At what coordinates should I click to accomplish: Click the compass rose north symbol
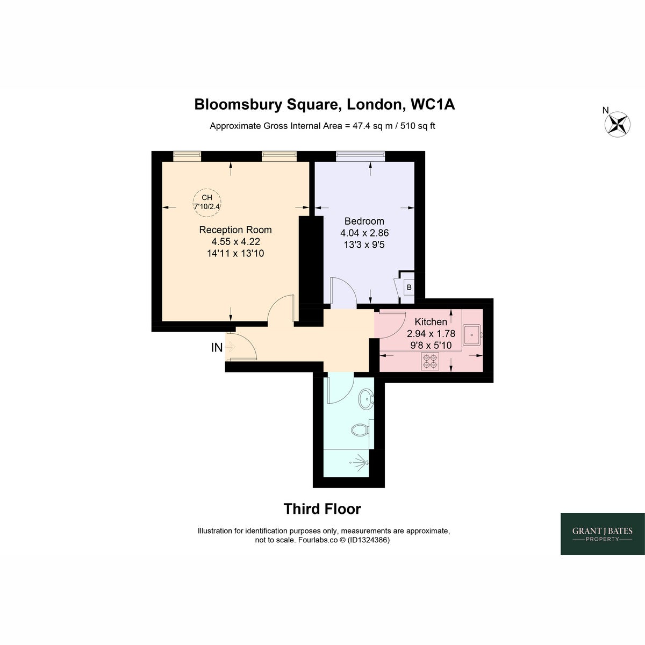pyautogui.click(x=617, y=124)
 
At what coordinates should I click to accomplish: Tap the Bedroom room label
pyautogui.click(x=364, y=221)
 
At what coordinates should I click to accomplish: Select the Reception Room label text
pyautogui.click(x=235, y=230)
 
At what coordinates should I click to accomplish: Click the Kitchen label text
pyautogui.click(x=431, y=322)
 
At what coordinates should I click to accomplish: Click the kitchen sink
pyautogui.click(x=472, y=335)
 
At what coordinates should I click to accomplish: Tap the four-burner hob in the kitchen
pyautogui.click(x=430, y=362)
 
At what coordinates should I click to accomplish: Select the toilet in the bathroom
pyautogui.click(x=360, y=429)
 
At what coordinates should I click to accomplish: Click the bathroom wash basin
pyautogui.click(x=366, y=398)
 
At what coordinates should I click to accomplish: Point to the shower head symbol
pyautogui.click(x=361, y=463)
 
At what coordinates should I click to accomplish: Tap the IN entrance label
pyautogui.click(x=217, y=348)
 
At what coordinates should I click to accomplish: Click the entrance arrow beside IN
pyautogui.click(x=231, y=347)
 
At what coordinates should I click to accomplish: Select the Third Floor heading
pyautogui.click(x=322, y=509)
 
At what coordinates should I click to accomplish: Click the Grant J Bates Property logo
pyautogui.click(x=603, y=534)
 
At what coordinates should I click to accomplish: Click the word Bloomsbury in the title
pyautogui.click(x=238, y=104)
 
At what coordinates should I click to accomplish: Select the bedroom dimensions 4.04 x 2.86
pyautogui.click(x=364, y=233)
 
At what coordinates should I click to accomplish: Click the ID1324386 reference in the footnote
pyautogui.click(x=369, y=540)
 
